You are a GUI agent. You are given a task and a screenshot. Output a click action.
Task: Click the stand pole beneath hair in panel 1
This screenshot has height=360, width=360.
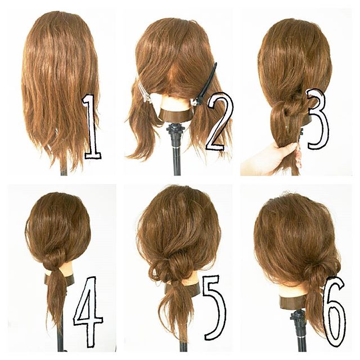pyautogui.click(x=64, y=170)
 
